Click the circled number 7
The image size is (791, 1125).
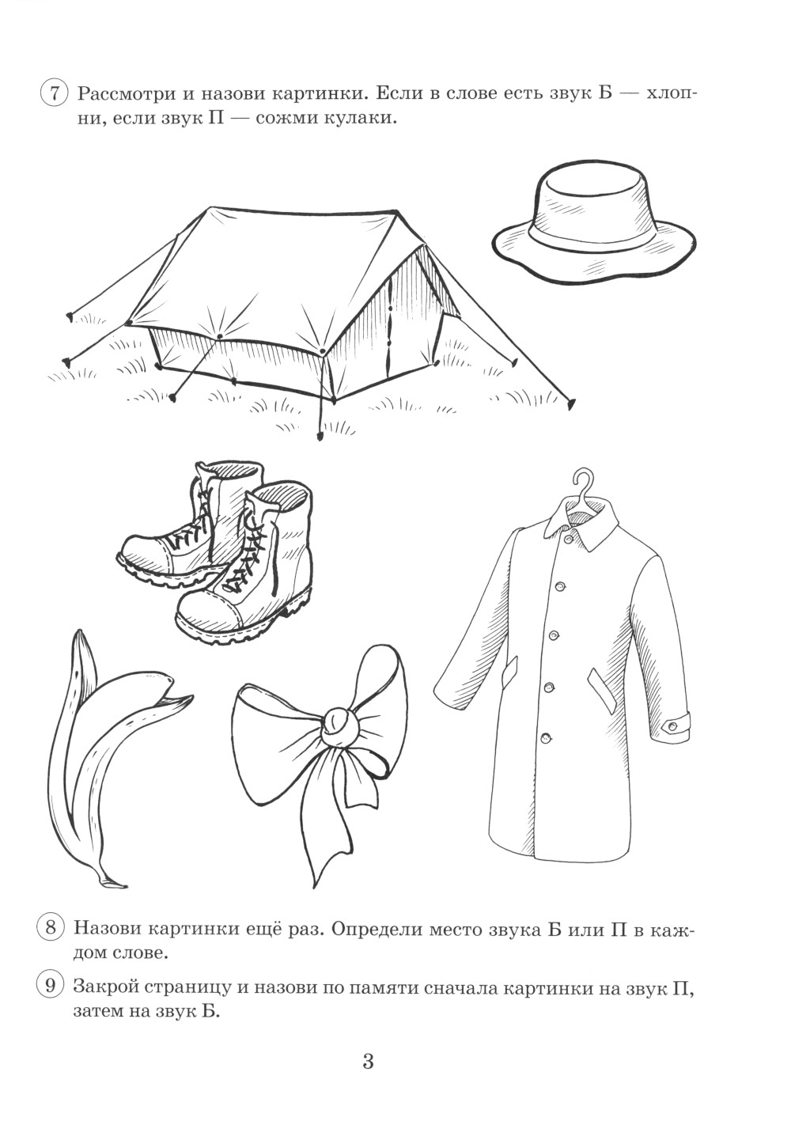tap(53, 95)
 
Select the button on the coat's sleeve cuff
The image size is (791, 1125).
tap(671, 726)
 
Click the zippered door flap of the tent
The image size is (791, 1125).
tap(390, 331)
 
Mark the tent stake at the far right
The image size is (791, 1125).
tap(570, 402)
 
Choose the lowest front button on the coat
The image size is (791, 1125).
tap(546, 738)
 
